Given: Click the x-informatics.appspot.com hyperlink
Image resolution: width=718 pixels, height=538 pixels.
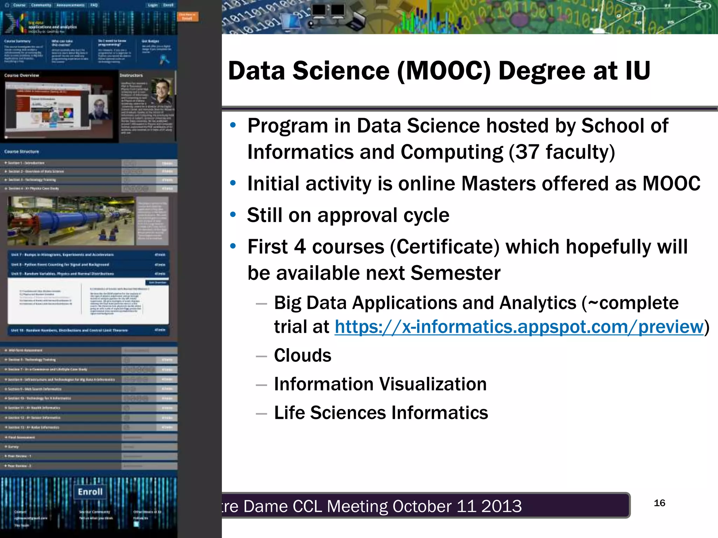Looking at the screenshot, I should [x=519, y=327].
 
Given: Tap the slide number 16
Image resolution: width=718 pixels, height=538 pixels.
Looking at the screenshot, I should [x=659, y=503].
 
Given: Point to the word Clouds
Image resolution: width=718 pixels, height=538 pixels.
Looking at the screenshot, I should [x=303, y=355].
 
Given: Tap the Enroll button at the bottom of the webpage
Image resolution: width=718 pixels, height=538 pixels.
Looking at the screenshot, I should [x=90, y=492].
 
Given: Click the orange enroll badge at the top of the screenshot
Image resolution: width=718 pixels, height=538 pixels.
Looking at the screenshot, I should [x=188, y=16].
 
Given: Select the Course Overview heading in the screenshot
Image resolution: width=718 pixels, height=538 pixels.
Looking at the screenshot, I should [x=22, y=75].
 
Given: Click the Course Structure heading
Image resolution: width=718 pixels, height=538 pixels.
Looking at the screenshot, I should [x=22, y=152].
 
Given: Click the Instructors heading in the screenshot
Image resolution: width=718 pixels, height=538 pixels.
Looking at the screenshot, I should [x=131, y=75].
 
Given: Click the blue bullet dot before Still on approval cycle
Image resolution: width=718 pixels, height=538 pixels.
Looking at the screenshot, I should [x=233, y=214].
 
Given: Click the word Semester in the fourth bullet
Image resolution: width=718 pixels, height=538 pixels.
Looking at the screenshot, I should [x=455, y=273].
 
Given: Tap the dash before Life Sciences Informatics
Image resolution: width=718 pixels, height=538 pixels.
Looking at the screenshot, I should [x=261, y=413].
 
